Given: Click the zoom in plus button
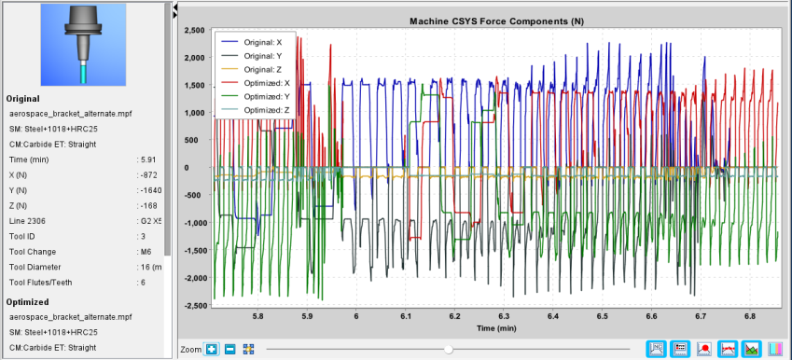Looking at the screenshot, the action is [x=212, y=349].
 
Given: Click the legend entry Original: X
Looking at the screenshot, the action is [x=256, y=42].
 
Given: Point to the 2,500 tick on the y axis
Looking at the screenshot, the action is [x=194, y=30].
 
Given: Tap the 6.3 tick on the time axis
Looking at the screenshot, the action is [x=504, y=316].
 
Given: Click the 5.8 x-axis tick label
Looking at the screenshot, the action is [x=257, y=316].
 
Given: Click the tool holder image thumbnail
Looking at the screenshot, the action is [x=83, y=45].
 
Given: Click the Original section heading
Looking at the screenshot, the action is [x=23, y=99].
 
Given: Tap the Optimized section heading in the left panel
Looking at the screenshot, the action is [x=28, y=302].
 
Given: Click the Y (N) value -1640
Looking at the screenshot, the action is [x=150, y=190].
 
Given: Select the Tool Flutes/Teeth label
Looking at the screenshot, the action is [x=40, y=283].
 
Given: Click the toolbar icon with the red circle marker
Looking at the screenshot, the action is [x=704, y=349].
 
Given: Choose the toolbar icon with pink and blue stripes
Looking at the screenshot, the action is [x=775, y=349].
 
